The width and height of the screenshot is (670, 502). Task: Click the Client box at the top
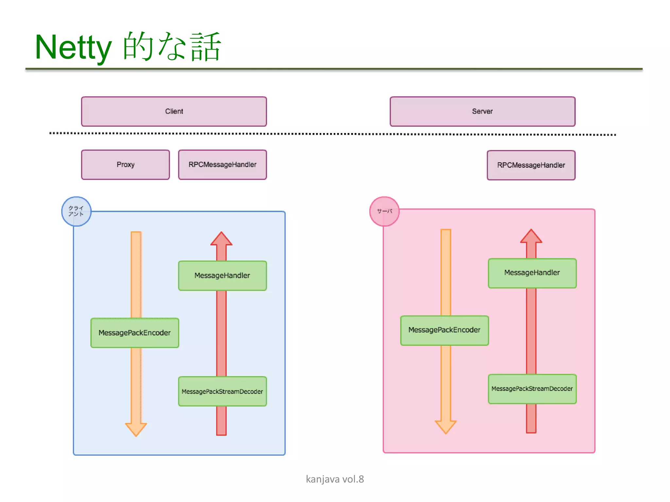(x=174, y=111)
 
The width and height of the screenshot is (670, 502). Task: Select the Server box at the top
(x=482, y=111)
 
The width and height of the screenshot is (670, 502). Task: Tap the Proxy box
(x=125, y=165)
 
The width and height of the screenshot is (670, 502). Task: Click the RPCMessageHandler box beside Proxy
(x=222, y=165)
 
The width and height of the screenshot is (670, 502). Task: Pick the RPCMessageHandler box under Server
(x=531, y=165)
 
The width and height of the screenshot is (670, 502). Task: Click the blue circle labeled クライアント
(x=76, y=211)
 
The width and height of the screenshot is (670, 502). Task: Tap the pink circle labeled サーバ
(x=384, y=211)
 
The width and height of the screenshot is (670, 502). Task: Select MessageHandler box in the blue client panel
(x=222, y=276)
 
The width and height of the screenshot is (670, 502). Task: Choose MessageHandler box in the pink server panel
(x=532, y=273)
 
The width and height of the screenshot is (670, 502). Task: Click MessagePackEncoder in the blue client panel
(x=135, y=333)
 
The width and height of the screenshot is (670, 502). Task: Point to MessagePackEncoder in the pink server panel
(x=444, y=330)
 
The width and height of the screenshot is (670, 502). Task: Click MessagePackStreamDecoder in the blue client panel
(x=222, y=391)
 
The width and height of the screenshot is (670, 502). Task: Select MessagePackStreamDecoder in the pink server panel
(x=532, y=389)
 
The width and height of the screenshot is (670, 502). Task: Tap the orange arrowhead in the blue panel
(x=136, y=428)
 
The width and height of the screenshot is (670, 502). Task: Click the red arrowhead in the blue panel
(x=221, y=240)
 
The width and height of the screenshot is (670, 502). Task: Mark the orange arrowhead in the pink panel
(x=446, y=426)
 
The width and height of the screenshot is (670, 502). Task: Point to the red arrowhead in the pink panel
(x=531, y=237)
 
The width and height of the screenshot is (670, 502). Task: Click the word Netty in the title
(x=73, y=47)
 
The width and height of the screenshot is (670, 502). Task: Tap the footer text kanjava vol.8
(x=335, y=479)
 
